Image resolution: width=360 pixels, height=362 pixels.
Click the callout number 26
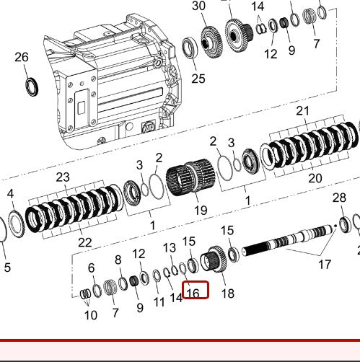coord(22,57)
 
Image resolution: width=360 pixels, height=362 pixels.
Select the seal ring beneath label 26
coord(32,87)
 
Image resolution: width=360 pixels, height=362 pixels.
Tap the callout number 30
coord(198,6)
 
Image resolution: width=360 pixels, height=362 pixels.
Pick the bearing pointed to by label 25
coord(194,50)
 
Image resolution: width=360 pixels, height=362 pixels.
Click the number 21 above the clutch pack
coord(302,110)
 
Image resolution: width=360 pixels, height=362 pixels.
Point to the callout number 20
coord(315,178)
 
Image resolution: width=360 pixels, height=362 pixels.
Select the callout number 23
coord(63,177)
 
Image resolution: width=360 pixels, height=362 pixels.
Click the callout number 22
coord(85,242)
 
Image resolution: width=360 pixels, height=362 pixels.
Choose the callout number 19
coord(200,211)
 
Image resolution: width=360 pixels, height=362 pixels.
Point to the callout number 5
coord(6,268)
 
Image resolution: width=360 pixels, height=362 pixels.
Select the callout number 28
coord(339,198)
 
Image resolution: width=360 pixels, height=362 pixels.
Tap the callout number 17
coord(325,265)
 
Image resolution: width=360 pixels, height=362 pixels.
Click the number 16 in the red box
coord(193,292)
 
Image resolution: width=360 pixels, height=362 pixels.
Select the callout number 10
coord(90,315)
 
